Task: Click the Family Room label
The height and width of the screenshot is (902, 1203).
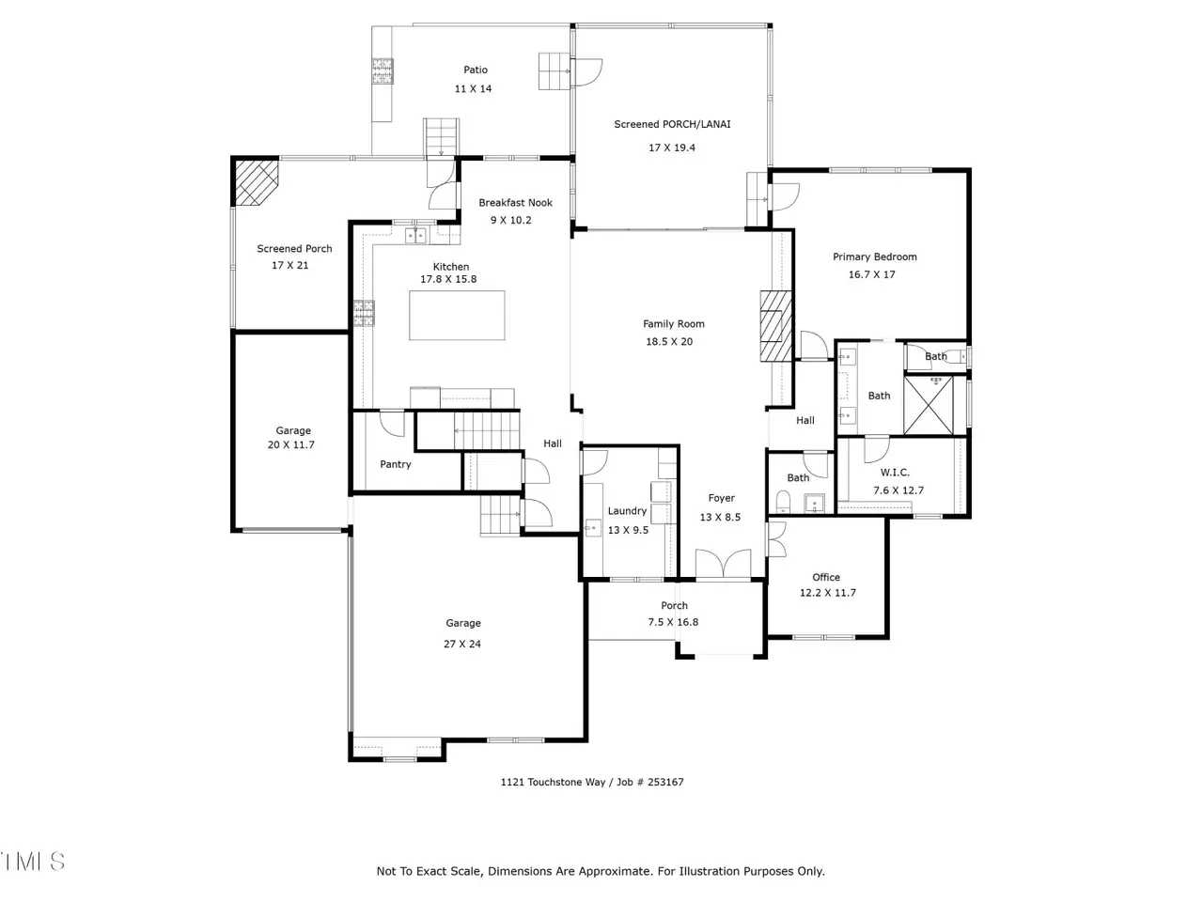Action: coord(674,323)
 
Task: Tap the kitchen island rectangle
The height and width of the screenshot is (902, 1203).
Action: coord(457,316)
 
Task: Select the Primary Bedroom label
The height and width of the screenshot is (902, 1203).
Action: coord(875,257)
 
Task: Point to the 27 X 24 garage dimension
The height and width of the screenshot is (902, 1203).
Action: coord(462,644)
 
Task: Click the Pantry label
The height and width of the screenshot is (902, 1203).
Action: coord(395,464)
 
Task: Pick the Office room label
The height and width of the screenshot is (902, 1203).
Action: coord(826,577)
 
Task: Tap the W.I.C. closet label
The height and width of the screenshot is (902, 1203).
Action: coord(895,472)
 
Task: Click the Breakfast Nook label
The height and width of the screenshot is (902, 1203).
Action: coord(515,203)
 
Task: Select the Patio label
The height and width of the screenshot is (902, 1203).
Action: coord(476,70)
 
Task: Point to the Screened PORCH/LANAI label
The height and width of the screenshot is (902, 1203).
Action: coord(672,124)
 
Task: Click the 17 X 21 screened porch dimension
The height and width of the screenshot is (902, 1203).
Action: coord(289,266)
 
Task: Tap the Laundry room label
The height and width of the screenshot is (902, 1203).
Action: coord(627,511)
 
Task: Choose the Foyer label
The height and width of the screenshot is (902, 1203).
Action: coord(721,498)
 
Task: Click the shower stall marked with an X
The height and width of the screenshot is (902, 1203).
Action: coord(929,405)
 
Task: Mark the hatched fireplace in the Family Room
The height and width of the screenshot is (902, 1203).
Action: coord(776,326)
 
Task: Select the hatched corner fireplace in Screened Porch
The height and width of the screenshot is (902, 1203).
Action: coord(256,179)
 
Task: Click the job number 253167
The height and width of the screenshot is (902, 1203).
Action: coord(665,782)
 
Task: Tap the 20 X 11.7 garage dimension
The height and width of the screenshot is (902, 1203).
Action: coord(291,444)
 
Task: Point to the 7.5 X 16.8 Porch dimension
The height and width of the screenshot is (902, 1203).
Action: coord(673,622)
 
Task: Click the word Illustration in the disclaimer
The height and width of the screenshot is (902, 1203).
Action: coord(708,871)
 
